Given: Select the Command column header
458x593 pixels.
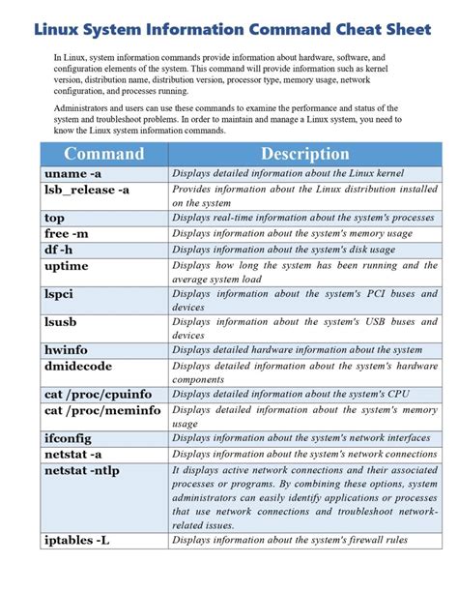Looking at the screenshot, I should [x=103, y=154].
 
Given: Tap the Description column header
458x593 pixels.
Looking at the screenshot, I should [x=304, y=154].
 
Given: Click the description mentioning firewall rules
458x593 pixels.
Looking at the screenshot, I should [x=290, y=540].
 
